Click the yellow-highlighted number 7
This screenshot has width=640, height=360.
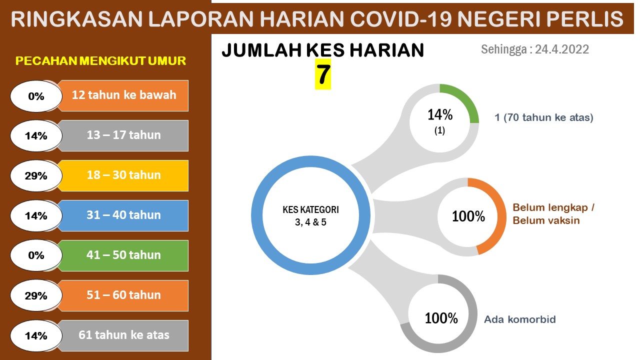(x=323, y=74)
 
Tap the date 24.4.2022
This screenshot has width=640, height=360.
(x=561, y=49)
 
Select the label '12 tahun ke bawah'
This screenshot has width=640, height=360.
(x=124, y=95)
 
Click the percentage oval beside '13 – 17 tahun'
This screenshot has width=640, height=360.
(x=36, y=136)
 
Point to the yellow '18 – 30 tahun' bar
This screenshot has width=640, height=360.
(x=123, y=175)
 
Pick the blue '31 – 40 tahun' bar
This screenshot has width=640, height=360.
(x=123, y=215)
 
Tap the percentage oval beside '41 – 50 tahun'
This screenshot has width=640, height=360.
(x=36, y=255)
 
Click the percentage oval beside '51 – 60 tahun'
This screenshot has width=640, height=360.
(x=36, y=295)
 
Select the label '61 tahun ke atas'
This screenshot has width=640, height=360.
(x=124, y=335)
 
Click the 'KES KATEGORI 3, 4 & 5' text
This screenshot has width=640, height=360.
(x=311, y=215)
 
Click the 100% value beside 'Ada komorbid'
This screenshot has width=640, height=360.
(x=441, y=318)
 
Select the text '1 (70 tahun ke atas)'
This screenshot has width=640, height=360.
(x=544, y=117)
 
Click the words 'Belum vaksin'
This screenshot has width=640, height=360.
(x=546, y=220)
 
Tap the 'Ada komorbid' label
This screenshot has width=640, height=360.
(x=520, y=319)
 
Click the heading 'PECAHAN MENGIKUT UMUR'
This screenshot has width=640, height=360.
(x=100, y=61)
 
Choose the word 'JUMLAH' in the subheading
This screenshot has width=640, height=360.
(x=261, y=50)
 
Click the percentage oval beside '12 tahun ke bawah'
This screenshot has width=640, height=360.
(x=36, y=96)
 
